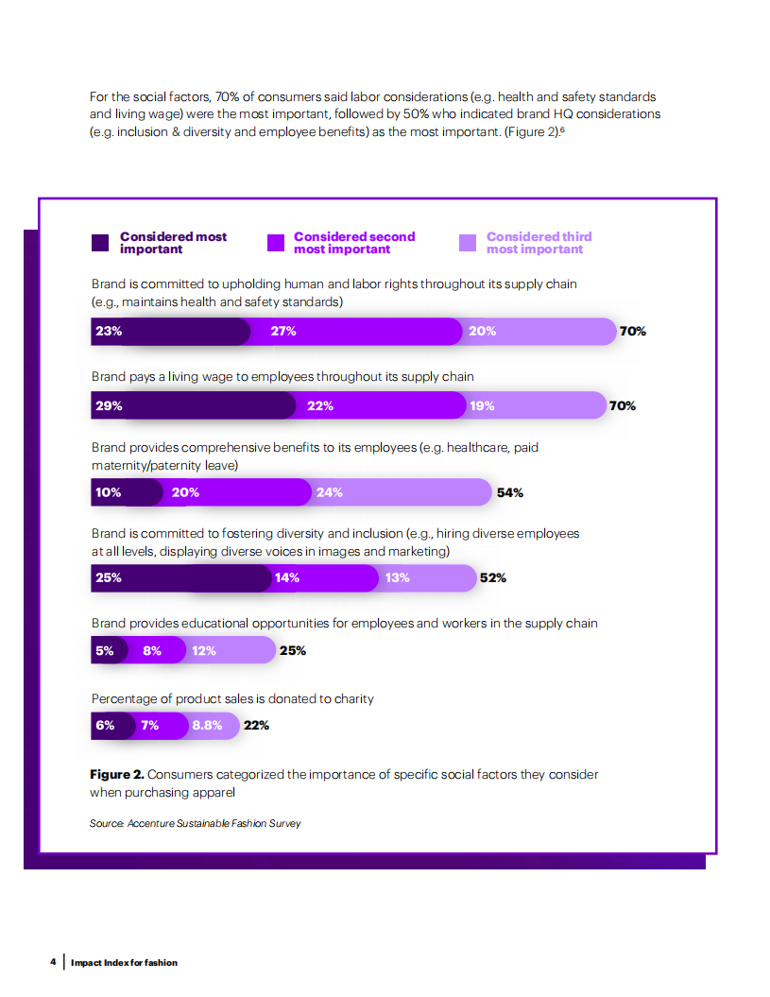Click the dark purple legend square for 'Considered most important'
click(x=100, y=243)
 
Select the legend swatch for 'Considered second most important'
click(x=276, y=243)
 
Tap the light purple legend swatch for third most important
click(x=468, y=243)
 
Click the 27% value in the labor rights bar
click(x=283, y=331)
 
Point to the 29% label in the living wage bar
click(x=109, y=405)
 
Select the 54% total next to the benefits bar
click(x=510, y=492)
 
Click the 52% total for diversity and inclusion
click(x=493, y=577)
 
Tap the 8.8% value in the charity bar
click(x=207, y=726)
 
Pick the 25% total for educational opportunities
click(x=292, y=650)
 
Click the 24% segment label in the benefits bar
click(x=330, y=492)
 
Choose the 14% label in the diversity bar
click(x=287, y=577)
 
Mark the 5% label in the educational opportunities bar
click(x=104, y=650)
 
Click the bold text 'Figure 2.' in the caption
click(x=117, y=774)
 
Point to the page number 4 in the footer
click(x=53, y=962)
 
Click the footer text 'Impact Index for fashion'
click(x=124, y=962)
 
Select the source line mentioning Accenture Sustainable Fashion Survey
click(x=196, y=823)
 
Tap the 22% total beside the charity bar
click(x=256, y=726)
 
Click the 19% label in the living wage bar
click(x=482, y=405)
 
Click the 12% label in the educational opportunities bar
click(x=204, y=650)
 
